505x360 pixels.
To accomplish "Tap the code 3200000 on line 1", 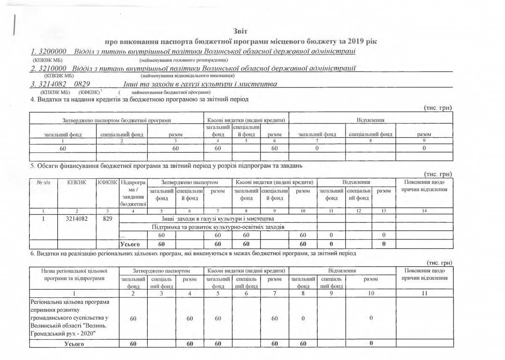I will pyautogui.click(x=52, y=52).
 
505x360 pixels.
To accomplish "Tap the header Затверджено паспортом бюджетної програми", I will pyautogui.click(x=116, y=120).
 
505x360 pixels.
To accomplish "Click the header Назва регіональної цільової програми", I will pyautogui.click(x=74, y=275).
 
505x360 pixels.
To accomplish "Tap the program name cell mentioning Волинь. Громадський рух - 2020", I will pyautogui.click(x=74, y=318).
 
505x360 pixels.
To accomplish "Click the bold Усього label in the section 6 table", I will pyautogui.click(x=74, y=344).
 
